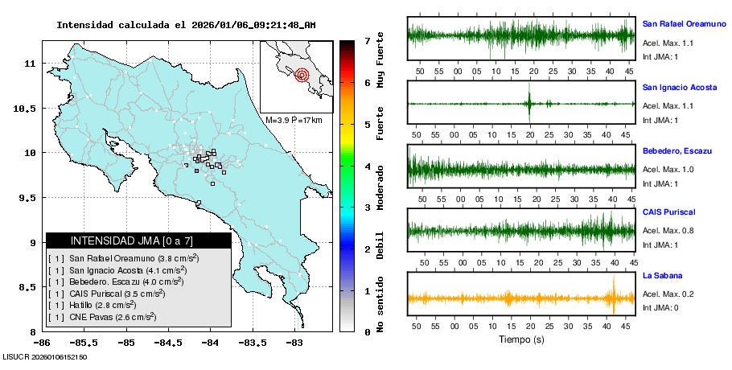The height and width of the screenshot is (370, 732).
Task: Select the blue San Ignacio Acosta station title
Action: [x=679, y=87]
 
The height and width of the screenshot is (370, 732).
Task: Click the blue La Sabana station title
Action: [x=660, y=276]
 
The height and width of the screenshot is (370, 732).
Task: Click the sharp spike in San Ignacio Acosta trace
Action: [x=529, y=103]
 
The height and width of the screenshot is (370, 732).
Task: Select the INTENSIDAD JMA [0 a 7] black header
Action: [x=138, y=240]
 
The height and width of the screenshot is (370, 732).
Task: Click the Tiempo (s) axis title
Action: [x=521, y=339]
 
